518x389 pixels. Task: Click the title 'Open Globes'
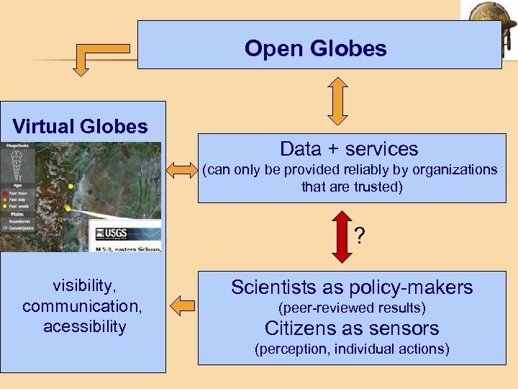tap(315, 48)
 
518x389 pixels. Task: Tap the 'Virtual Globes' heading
tap(80, 127)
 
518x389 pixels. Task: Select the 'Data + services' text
tap(349, 149)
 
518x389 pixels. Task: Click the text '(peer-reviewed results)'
tap(352, 308)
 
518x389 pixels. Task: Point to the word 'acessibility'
tap(84, 326)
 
